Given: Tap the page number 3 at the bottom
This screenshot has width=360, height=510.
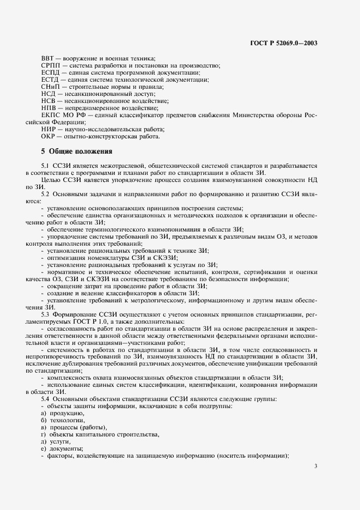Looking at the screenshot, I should click(316, 465).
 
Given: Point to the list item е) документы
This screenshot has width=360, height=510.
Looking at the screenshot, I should click(62, 449).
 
